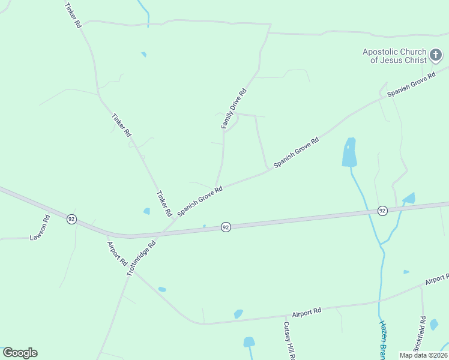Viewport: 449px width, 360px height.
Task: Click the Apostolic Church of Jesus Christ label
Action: click(394, 56)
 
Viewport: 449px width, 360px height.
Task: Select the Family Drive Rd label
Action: click(234, 109)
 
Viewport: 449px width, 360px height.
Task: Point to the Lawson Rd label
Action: click(40, 228)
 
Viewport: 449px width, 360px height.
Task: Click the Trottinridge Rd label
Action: click(142, 258)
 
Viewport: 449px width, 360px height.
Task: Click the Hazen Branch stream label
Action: click(383, 339)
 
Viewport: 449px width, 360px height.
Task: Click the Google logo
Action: click(20, 353)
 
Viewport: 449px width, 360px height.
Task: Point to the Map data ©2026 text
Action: click(423, 355)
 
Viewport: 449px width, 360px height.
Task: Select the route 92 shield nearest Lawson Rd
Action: click(71, 219)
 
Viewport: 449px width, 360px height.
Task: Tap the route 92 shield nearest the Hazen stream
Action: click(382, 211)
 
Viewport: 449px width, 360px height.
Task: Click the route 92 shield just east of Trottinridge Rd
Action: click(225, 227)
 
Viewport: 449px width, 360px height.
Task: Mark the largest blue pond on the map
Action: click(349, 152)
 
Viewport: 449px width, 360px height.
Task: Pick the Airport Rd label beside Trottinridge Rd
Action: click(116, 254)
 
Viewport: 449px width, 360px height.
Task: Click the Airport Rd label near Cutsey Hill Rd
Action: click(307, 312)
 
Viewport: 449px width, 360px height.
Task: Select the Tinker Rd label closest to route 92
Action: click(164, 204)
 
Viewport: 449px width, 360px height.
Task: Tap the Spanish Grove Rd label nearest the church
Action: click(411, 85)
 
